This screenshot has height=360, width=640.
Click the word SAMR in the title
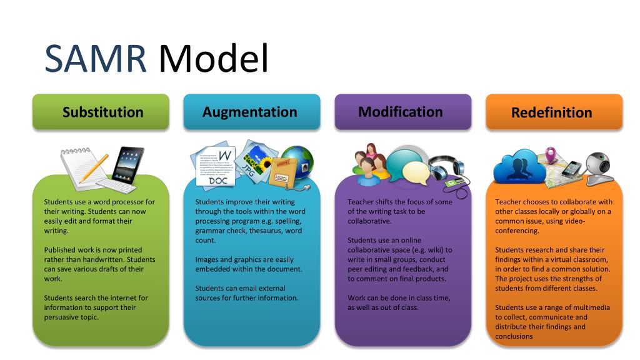click(96, 58)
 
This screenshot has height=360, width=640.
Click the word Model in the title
click(212, 58)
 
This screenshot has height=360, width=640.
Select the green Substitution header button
click(102, 112)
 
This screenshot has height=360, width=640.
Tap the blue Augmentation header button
click(250, 112)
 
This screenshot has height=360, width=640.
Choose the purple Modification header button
click(401, 112)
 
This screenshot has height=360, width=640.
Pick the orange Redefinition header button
click(552, 112)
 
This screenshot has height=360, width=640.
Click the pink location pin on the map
click(551, 153)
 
